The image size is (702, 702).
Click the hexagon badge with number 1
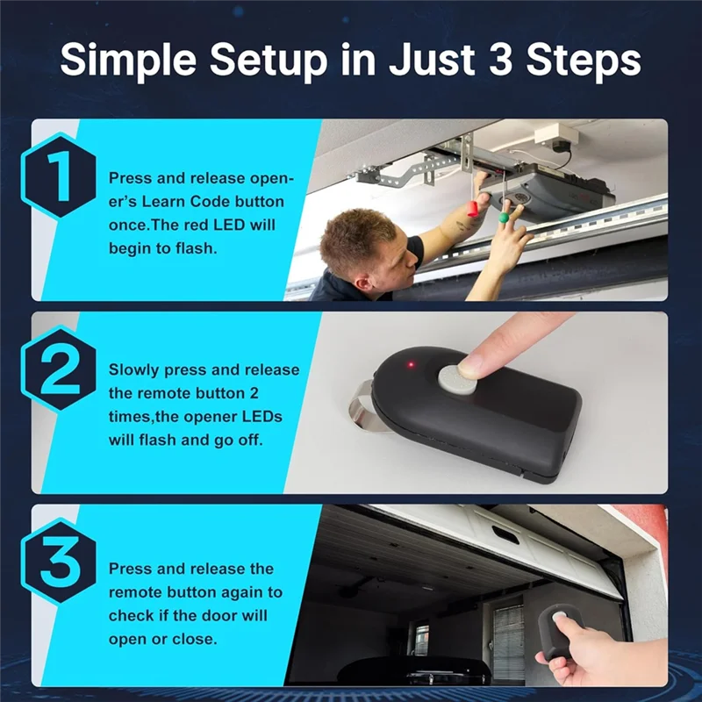point(58,175)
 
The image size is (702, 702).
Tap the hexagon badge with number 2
point(58,369)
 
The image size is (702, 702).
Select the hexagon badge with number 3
point(58,562)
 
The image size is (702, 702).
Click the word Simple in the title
point(128,61)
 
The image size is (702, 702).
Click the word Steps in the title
point(584,61)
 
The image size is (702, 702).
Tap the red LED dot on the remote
point(411,364)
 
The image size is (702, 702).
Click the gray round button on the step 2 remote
point(457,379)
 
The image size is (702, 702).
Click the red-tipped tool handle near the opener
point(473,209)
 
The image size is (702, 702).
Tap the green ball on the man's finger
point(504,218)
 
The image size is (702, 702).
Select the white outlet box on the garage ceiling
point(556,135)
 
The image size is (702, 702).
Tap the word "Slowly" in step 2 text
point(134,370)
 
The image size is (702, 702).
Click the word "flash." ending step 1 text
point(196,248)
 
